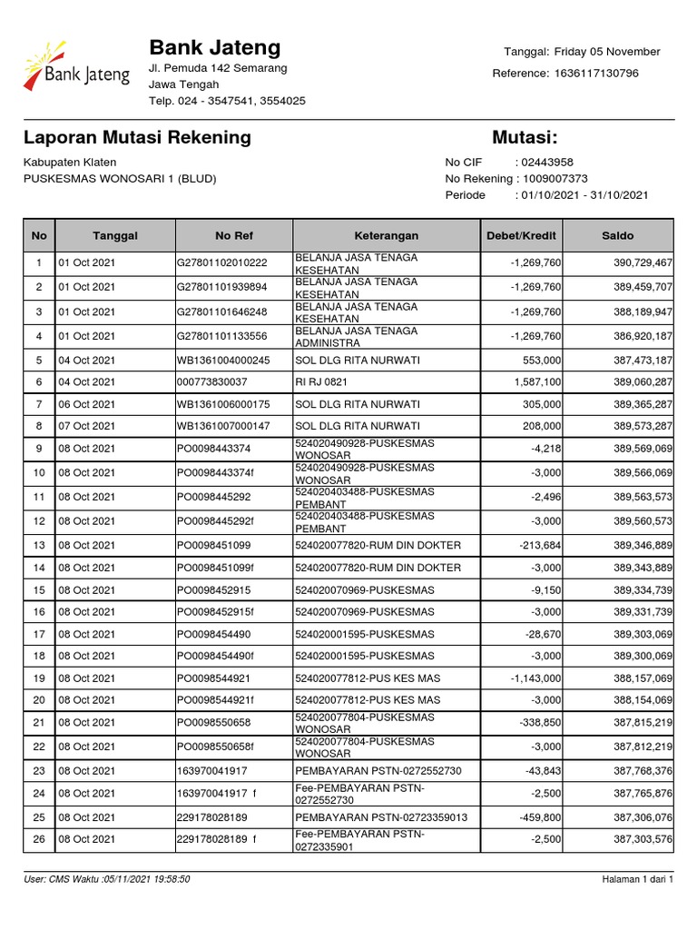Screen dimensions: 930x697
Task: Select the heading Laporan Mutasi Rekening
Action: coord(137,138)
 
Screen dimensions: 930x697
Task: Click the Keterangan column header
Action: coord(386,235)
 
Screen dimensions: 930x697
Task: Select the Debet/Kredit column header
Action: coord(521,235)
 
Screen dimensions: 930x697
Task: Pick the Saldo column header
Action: coord(618,235)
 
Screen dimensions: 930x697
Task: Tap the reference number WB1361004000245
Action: coord(223,361)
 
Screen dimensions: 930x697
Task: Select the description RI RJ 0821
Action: coord(321,382)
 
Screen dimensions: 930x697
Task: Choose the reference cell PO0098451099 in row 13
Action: coord(213,545)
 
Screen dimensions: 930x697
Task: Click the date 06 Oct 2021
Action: coord(87,404)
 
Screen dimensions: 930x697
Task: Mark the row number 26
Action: coord(39,839)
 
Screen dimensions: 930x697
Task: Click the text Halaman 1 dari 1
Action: coord(637,879)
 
